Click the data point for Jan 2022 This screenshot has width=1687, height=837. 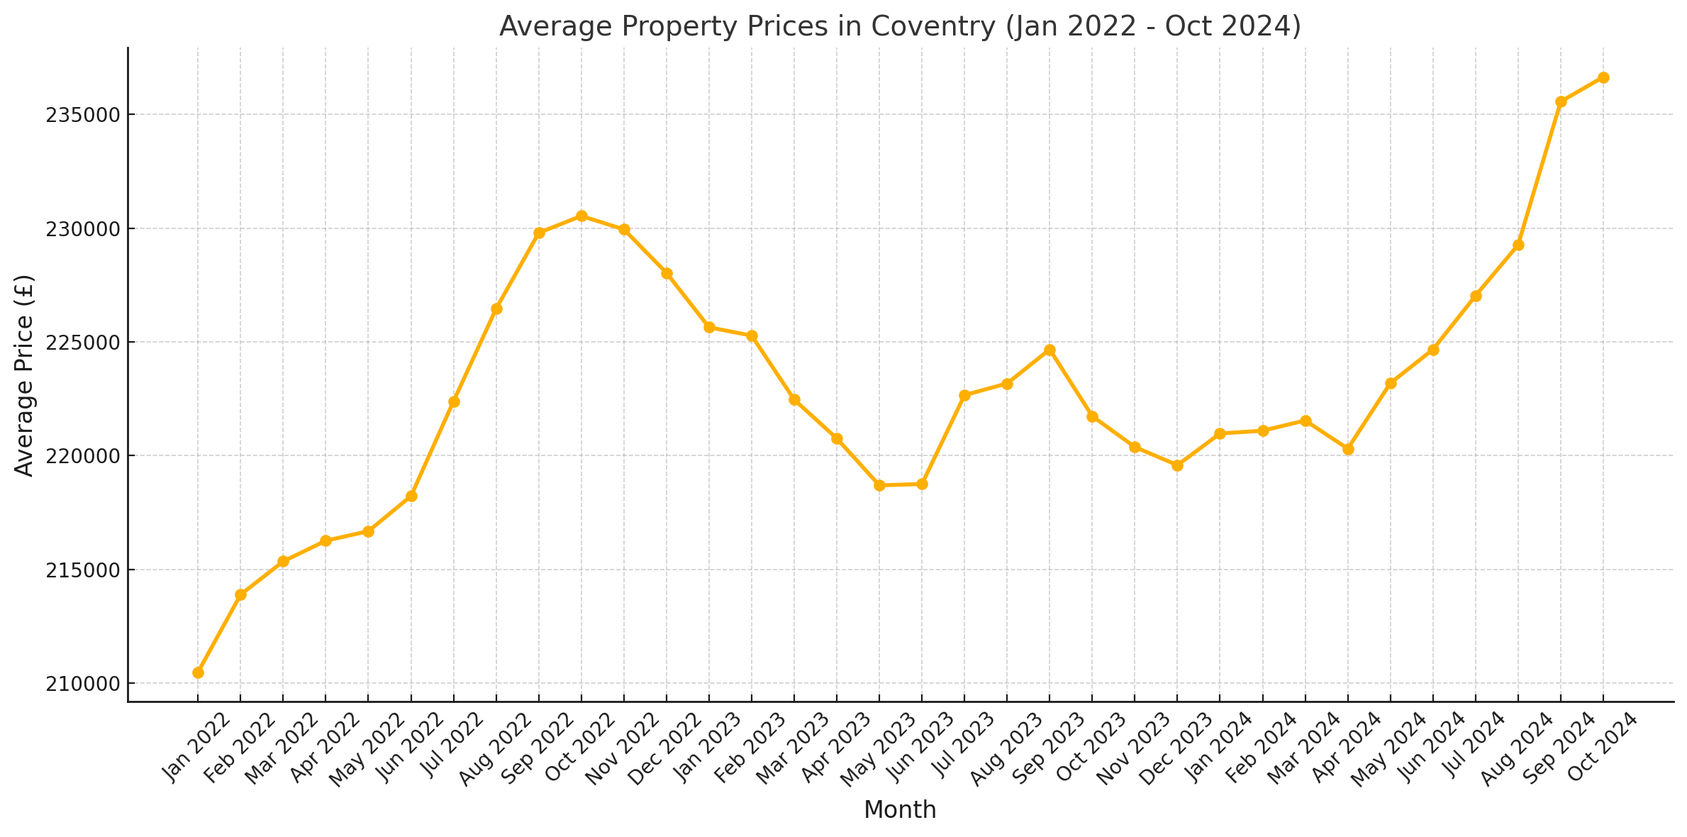click(x=198, y=672)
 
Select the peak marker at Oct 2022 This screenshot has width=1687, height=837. click(x=581, y=216)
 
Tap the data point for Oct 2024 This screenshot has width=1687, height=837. click(x=1603, y=77)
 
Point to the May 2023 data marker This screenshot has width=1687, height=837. click(x=879, y=485)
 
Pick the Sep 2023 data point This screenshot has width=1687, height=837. click(x=1049, y=350)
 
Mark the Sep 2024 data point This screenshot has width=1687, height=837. click(x=1561, y=101)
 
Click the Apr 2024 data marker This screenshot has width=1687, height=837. click(x=1348, y=449)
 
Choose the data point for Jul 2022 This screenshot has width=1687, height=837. click(x=454, y=401)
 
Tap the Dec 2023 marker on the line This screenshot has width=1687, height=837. click(x=1177, y=465)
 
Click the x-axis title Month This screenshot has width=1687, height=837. click(x=900, y=810)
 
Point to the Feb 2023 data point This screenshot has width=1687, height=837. click(x=752, y=336)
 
